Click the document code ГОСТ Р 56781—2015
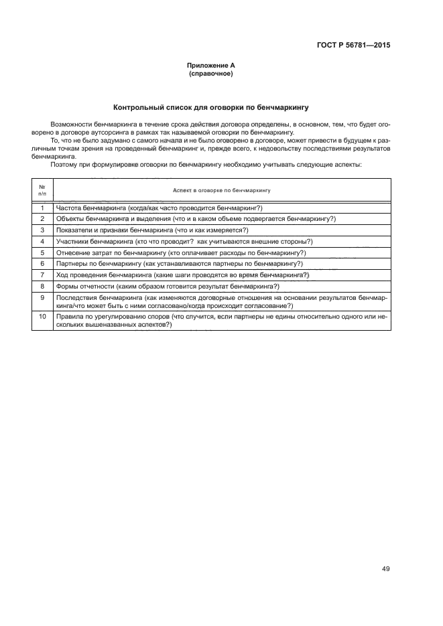coord(353,46)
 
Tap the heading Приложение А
coord(211,66)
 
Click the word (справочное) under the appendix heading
coord(211,73)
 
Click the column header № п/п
coord(42,189)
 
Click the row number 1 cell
coord(42,208)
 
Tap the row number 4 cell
coord(42,241)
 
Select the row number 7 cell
coord(42,275)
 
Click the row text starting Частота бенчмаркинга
coord(159,208)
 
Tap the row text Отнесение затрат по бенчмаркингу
coord(181,252)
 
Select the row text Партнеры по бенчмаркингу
coord(179,263)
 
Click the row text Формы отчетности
coord(168,286)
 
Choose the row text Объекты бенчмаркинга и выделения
coord(196,219)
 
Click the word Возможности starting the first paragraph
coord(70,125)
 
